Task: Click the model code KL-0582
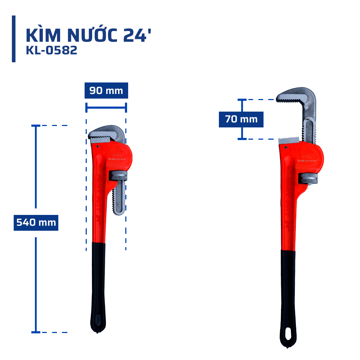tap(51, 51)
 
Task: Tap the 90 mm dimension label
tap(106, 91)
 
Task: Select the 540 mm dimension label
tap(36, 222)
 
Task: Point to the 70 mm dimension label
tap(241, 119)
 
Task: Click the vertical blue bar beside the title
tap(14, 39)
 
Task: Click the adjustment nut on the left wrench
tap(118, 176)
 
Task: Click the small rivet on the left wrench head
tap(98, 146)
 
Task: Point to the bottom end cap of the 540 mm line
tap(36, 332)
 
